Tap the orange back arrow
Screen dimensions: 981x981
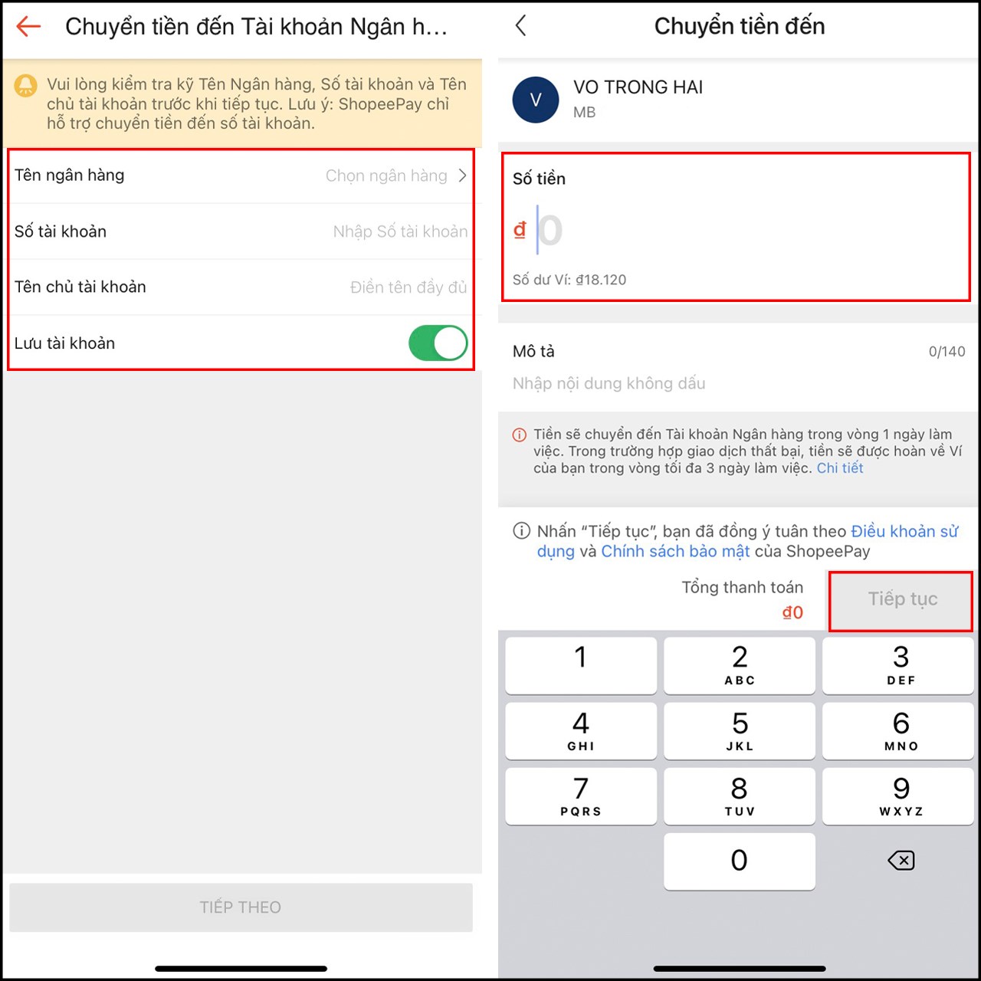pos(28,27)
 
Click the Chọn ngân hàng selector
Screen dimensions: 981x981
pos(395,176)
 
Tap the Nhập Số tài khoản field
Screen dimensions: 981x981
pos(400,231)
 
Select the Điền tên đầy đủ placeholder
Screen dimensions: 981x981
pos(408,287)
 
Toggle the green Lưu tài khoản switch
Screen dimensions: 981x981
pos(438,343)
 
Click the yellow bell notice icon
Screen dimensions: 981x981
pos(26,85)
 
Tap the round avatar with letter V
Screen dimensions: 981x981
pos(535,100)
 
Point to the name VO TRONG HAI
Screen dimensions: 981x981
pos(638,87)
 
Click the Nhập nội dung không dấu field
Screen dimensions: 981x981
pos(609,383)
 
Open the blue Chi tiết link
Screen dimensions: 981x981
pos(839,468)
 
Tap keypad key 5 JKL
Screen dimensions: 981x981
pos(739,730)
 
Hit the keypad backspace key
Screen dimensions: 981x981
pos(901,861)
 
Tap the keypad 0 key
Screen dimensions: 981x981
pos(739,861)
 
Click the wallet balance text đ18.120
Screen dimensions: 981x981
pos(601,280)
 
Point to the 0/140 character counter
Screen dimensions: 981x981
pos(947,352)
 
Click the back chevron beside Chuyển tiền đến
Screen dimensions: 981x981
pos(521,26)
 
